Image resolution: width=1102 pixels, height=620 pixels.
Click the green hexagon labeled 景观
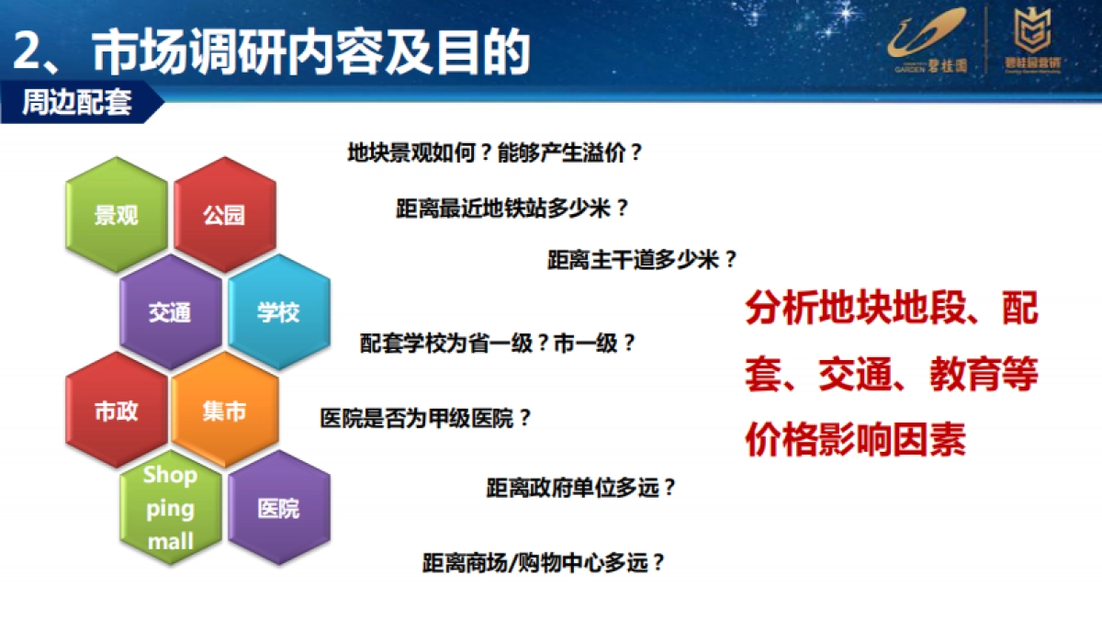coord(117,215)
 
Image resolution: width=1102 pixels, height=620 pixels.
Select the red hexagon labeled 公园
coord(225,215)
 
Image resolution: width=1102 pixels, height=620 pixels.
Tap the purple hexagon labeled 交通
coord(170,312)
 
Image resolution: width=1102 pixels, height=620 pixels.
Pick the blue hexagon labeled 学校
coord(278,312)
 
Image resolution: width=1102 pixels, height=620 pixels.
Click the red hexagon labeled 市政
coord(117,411)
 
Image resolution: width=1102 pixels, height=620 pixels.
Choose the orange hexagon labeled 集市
coord(225,411)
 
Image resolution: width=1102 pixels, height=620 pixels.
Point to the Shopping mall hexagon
coord(171,508)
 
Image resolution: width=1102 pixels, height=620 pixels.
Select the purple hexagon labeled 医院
coord(278,508)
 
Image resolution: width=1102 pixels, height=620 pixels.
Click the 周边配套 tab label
coord(77,103)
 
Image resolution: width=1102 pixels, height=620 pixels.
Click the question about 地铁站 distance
coord(512,207)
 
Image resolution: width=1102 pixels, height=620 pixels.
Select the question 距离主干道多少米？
coord(642,259)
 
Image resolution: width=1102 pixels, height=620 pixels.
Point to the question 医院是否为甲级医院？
coord(426,418)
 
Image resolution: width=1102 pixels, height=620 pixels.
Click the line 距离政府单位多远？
coord(581,488)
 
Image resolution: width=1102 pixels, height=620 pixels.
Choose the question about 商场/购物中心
coord(543,561)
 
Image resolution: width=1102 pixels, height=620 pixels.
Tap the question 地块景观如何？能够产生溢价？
coord(495,152)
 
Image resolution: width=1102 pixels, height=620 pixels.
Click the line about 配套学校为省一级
coord(498,344)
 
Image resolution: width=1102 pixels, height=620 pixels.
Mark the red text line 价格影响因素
coord(855,442)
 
